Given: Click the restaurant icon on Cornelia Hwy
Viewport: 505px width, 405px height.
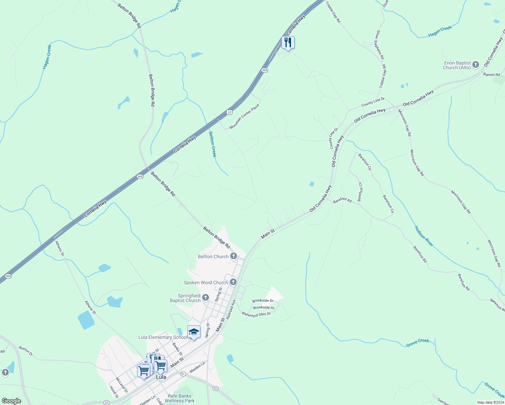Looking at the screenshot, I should [288, 43].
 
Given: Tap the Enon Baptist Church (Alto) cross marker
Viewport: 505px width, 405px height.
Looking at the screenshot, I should [476, 64].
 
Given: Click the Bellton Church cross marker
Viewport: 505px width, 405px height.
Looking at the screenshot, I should [233, 256].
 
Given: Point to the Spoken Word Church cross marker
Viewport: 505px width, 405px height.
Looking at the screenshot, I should [233, 282].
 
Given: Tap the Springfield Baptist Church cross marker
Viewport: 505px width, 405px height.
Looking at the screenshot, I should [206, 298].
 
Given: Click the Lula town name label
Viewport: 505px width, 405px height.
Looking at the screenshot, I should [161, 377].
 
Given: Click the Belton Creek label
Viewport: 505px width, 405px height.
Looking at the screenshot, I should [212, 144].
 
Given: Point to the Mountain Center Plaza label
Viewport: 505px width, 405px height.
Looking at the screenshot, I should [244, 116].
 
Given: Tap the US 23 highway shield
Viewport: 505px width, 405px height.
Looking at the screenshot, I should [229, 112].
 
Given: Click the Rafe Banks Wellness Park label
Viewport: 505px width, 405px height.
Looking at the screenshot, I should [180, 398].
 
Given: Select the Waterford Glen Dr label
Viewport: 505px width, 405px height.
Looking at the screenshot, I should [256, 314].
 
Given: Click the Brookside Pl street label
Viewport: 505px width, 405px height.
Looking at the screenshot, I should [264, 307].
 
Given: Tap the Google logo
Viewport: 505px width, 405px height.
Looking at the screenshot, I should [11, 401].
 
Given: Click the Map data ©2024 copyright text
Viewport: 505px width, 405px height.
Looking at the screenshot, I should [490, 402].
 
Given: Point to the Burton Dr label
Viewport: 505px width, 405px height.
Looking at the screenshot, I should [26, 351].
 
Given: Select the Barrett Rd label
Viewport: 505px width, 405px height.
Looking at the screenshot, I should [491, 75].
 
